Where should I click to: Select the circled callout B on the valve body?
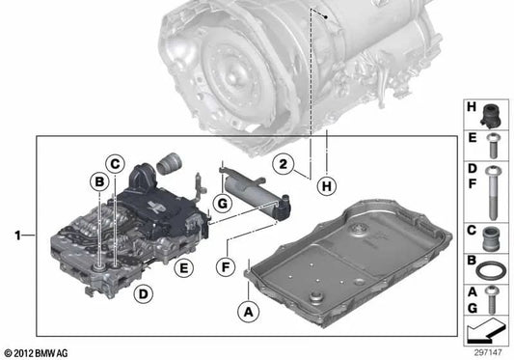coord(98,180)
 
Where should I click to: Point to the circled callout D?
coord(143,292)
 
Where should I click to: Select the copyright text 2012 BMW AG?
coord(39,353)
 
